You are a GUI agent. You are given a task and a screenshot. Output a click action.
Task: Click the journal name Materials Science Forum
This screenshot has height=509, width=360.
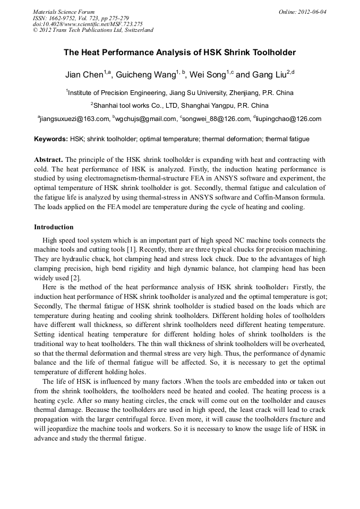coord(64,12)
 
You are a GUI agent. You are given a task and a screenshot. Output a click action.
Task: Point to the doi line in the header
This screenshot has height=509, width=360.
coord(88,24)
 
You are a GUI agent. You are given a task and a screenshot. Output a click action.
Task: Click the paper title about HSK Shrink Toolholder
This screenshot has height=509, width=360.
coord(179,53)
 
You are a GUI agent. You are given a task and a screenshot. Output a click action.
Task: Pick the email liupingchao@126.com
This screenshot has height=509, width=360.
coord(289,119)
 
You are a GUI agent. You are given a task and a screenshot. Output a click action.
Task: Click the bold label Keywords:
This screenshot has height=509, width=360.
coord(50,139)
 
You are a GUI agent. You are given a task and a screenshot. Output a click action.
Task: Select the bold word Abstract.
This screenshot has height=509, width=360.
coord(48,159)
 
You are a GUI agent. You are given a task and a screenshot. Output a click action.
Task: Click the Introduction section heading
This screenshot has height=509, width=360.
coord(54,227)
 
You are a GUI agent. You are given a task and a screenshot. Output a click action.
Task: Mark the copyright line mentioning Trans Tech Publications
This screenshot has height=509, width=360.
coord(93,30)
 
